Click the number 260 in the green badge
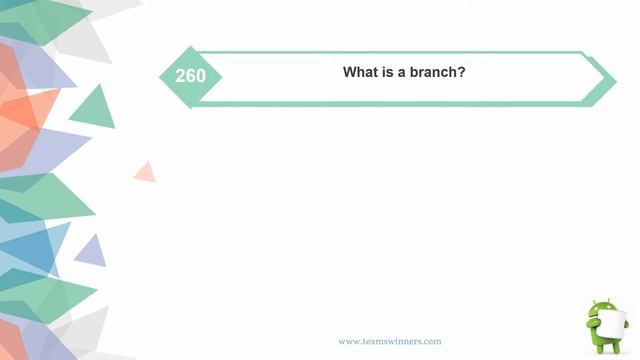pyautogui.click(x=190, y=76)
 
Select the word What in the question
pyautogui.click(x=361, y=73)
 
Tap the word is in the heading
pyautogui.click(x=389, y=73)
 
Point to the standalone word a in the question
pyautogui.click(x=405, y=73)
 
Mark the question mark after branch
pyautogui.click(x=462, y=73)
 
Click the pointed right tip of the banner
pyautogui.click(x=613, y=78)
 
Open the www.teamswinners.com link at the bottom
pyautogui.click(x=389, y=341)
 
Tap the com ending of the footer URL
pyautogui.click(x=432, y=341)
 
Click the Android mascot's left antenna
pyautogui.click(x=595, y=300)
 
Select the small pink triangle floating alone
pyautogui.click(x=146, y=173)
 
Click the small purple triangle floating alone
pyautogui.click(x=91, y=252)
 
